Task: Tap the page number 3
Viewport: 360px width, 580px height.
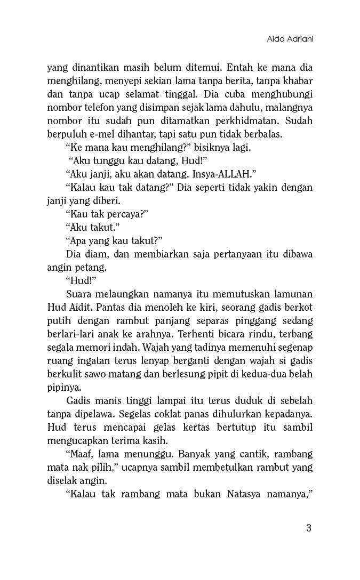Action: pyautogui.click(x=309, y=528)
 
